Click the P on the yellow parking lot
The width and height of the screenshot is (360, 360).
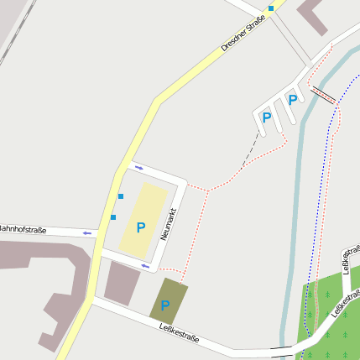(141, 227)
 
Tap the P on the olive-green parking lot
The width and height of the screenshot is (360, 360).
(165, 305)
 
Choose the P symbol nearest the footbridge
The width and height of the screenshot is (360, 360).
(293, 100)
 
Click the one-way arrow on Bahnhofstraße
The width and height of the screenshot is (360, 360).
(87, 232)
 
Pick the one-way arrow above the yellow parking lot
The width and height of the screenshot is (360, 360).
(138, 168)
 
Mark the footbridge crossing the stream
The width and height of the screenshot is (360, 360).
(323, 93)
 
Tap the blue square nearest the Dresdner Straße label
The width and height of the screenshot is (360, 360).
(271, 8)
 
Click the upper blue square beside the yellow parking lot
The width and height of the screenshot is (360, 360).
(121, 196)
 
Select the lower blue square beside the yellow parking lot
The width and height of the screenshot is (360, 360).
(113, 217)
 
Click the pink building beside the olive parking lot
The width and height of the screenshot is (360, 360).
(123, 282)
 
